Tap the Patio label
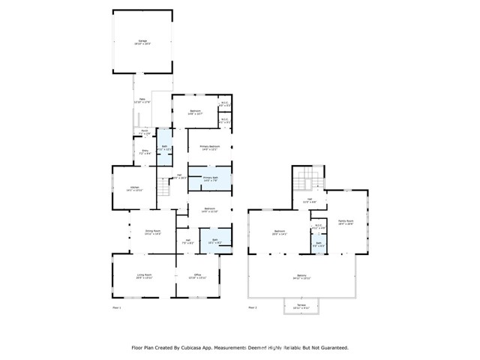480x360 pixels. tap(142, 100)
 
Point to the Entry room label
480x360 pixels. tap(143, 152)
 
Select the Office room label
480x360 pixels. tap(198, 277)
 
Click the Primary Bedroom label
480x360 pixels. tap(209, 147)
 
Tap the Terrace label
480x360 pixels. tap(301, 306)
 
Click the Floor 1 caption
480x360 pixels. tap(115, 307)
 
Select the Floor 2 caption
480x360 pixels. tap(252, 307)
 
